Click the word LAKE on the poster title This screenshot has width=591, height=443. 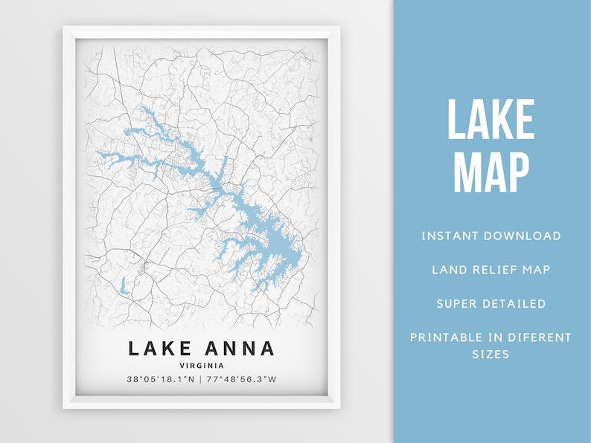(157, 348)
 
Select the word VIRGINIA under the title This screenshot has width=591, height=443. (202, 365)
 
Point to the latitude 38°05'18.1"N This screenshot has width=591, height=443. (161, 380)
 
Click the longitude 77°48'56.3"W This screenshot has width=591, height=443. (241, 380)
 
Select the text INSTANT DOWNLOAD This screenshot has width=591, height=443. (491, 236)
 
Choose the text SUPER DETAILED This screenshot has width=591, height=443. (491, 303)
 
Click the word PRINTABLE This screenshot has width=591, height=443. (445, 337)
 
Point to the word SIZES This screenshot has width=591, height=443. (491, 355)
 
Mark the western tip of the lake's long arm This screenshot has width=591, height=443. (99, 155)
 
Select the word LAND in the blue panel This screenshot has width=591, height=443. (446, 269)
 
